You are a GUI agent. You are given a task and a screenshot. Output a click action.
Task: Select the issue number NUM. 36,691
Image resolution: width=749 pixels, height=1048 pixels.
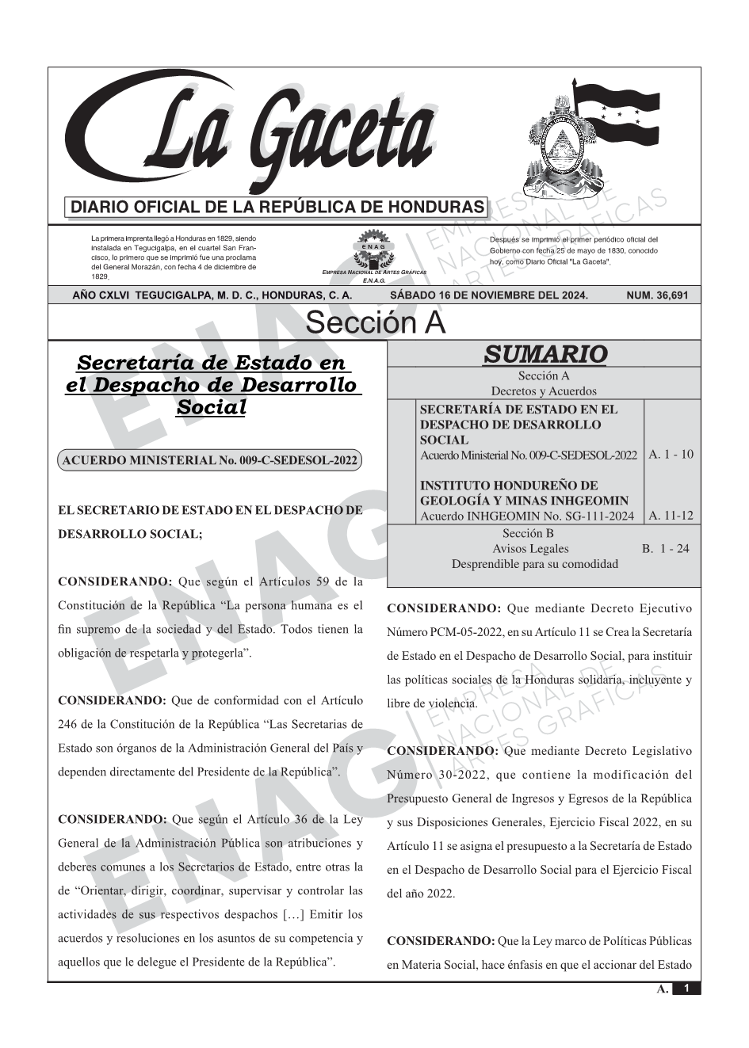[x=657, y=295]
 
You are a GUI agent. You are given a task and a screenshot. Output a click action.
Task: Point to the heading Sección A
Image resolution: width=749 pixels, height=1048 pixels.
[x=375, y=323]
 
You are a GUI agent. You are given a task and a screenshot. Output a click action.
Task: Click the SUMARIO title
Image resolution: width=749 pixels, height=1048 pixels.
[x=545, y=354]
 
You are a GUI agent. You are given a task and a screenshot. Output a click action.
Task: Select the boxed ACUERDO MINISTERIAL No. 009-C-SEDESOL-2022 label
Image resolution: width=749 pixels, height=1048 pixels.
[x=210, y=460]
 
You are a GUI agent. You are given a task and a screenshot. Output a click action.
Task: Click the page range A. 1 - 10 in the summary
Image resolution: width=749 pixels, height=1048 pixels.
[x=671, y=455]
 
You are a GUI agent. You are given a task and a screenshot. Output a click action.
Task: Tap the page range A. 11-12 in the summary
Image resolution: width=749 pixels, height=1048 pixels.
[x=671, y=516]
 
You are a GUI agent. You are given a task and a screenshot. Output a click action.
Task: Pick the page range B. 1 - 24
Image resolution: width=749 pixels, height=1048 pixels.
[x=666, y=548]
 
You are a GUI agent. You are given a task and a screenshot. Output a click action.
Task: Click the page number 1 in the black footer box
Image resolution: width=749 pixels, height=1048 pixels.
[x=686, y=989]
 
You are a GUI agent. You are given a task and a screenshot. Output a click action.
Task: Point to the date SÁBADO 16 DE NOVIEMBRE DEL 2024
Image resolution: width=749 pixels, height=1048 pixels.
[x=489, y=295]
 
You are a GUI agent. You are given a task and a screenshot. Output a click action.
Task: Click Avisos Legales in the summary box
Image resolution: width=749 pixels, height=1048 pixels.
[x=530, y=548]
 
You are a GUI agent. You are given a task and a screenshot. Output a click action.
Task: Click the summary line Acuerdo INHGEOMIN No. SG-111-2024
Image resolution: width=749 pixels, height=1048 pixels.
[x=527, y=516]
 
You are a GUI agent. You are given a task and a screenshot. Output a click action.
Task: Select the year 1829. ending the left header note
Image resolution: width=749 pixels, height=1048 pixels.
[x=100, y=276]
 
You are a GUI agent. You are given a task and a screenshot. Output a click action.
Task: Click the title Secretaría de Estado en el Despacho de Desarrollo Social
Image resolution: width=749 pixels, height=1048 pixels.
[x=212, y=385]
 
